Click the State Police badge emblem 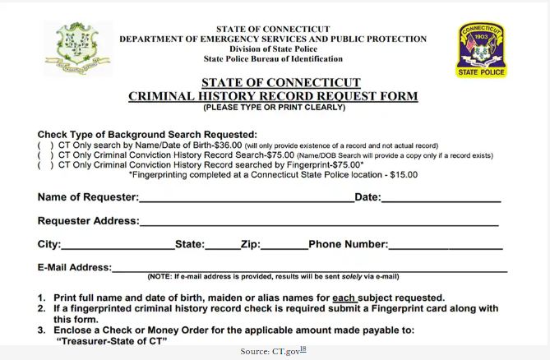click(481, 49)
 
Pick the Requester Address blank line click(318, 222)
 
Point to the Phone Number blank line click(445, 245)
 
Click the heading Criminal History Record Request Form click(273, 96)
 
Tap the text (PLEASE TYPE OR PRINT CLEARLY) click(274, 108)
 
